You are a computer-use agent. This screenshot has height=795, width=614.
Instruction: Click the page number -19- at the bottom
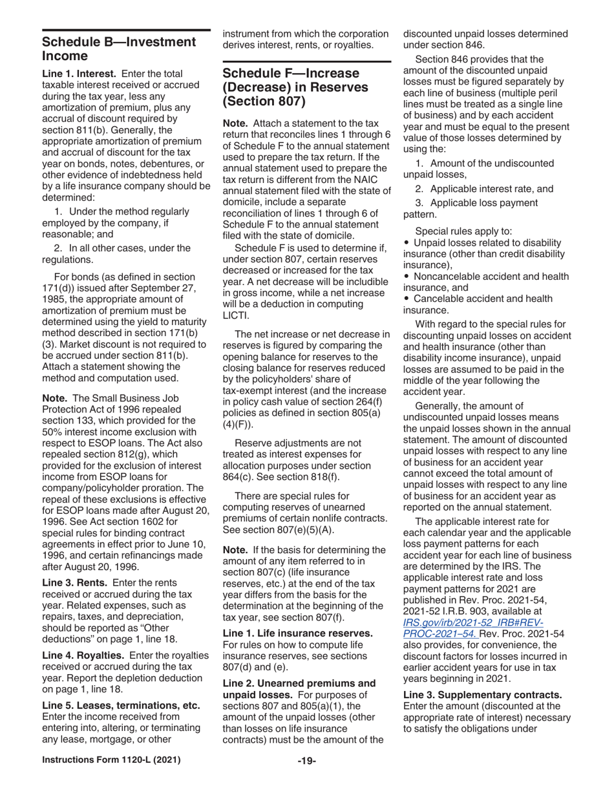pyautogui.click(x=306, y=778)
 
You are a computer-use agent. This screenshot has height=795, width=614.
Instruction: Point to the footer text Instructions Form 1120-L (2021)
pyautogui.click(x=111, y=778)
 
